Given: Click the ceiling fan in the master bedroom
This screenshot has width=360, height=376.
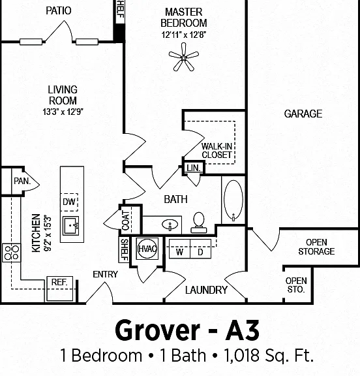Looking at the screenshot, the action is point(184,57).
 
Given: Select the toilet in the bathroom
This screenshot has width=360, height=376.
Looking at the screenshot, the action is point(199,223).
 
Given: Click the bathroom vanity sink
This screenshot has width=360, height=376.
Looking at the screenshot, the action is point(170,225).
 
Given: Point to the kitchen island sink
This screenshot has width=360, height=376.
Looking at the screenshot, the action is point(71,226).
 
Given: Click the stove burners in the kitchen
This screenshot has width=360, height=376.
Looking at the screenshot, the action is point(11,253).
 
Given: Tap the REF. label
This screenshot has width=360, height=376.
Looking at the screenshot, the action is point(59,282).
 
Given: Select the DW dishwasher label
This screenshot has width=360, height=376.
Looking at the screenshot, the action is point(69,202).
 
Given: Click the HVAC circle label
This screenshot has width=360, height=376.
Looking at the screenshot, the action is point(147,249).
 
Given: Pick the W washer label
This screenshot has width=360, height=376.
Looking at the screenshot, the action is point(179,252).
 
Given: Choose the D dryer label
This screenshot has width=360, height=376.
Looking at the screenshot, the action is point(200,252).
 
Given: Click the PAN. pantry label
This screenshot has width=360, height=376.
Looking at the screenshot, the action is point(22,181).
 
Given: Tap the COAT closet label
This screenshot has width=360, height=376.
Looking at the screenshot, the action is point(125,221).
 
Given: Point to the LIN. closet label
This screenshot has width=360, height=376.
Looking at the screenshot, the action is point(194,168).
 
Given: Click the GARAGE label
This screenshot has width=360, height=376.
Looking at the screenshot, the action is point(303,114).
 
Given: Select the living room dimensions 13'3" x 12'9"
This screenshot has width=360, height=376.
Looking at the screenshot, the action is point(63,112).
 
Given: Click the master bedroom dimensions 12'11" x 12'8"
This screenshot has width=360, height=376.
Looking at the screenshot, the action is point(184,35).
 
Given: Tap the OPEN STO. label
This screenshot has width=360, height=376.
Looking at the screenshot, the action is point(296,285).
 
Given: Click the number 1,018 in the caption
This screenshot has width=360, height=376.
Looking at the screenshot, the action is point(241,355).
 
